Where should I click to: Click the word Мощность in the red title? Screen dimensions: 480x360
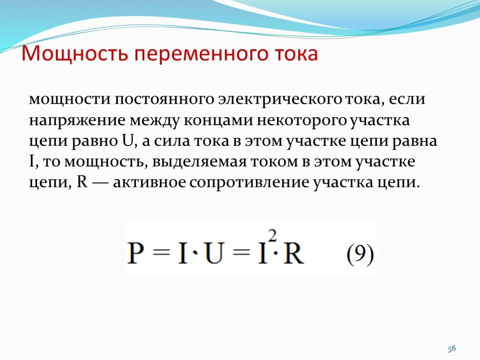[x=75, y=54]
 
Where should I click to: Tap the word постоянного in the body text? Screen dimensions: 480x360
[x=164, y=99]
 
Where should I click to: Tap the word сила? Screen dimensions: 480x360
[x=172, y=141]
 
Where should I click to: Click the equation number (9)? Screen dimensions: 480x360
[x=360, y=255]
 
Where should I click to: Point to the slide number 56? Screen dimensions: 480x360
[x=452, y=348]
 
